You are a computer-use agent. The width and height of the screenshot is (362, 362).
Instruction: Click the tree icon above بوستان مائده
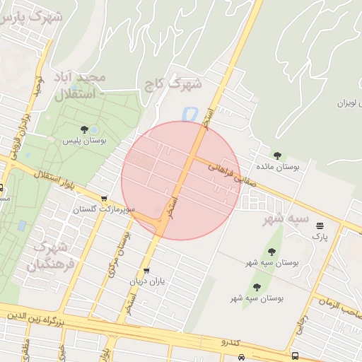tap(276, 155)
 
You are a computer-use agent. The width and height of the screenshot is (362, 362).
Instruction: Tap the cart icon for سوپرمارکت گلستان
tap(105, 199)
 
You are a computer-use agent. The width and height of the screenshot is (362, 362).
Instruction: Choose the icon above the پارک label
tap(320, 226)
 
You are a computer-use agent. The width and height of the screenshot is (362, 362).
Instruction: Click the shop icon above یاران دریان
tap(146, 270)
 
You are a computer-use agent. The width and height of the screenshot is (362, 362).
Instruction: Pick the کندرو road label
tap(230, 343)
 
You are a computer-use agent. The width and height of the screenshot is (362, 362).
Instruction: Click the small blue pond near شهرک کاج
tap(188, 112)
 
